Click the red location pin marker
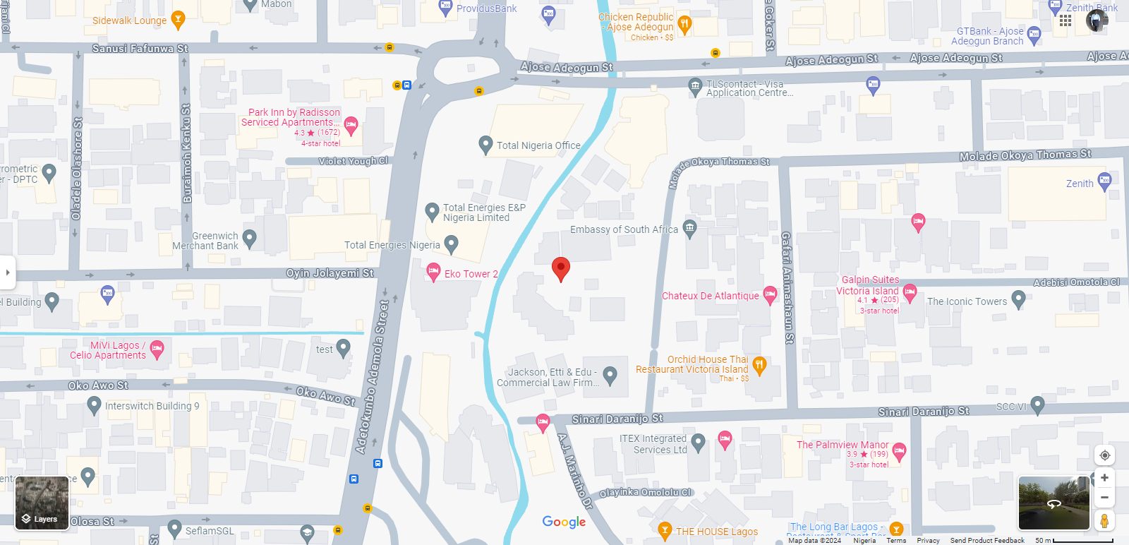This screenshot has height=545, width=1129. [x=560, y=268]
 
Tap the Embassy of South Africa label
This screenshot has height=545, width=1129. [x=624, y=229]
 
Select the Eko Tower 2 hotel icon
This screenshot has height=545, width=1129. [x=434, y=272]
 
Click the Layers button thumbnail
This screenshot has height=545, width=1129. [x=42, y=503]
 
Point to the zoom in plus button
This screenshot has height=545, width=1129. [x=1104, y=478]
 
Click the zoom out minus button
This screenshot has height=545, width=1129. [x=1104, y=498]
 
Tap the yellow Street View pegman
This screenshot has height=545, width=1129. [x=1104, y=521]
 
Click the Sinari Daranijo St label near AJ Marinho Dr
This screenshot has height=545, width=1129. [x=617, y=419]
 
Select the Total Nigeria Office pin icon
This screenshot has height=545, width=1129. [x=485, y=145]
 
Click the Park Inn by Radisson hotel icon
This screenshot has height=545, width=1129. [x=351, y=126]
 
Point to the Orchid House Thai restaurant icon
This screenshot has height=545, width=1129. [x=759, y=365]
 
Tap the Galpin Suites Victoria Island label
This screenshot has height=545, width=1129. [x=869, y=285]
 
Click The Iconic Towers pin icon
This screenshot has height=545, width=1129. [x=1018, y=299]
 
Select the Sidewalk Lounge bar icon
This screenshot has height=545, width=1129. [x=178, y=19]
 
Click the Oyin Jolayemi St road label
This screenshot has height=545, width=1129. [x=330, y=273]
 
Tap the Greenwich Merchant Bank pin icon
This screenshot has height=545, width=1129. [x=249, y=238]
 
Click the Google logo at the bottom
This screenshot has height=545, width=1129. [x=564, y=522]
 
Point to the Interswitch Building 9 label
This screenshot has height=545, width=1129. [x=152, y=406]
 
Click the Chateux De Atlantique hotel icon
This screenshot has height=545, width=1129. [x=770, y=294]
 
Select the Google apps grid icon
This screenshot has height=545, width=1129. [x=1065, y=20]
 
